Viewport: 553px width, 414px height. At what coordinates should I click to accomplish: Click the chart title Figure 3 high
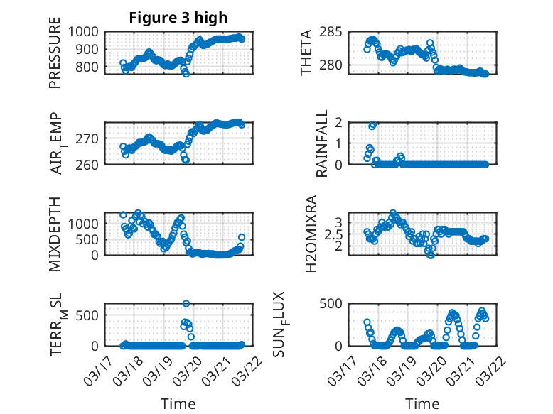(x=178, y=18)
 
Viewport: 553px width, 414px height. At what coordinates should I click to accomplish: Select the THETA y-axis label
(x=306, y=53)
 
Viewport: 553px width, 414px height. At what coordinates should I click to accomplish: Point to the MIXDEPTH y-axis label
(x=55, y=234)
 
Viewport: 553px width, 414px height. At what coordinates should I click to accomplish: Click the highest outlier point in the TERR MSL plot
(x=186, y=303)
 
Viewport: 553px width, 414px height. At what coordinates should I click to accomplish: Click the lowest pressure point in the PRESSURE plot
(x=186, y=73)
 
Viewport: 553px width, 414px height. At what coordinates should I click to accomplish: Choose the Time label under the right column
(x=422, y=403)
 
